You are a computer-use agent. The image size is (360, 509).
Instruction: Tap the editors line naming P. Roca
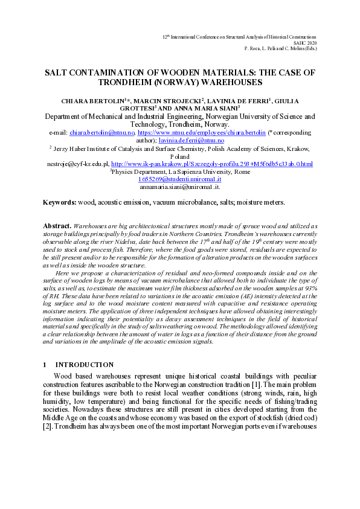point(280,48)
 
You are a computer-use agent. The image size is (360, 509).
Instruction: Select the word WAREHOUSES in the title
point(233,82)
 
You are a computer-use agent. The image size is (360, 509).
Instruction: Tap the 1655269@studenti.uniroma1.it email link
point(179,179)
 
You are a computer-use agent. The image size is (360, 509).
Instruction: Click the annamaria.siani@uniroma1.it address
point(179,187)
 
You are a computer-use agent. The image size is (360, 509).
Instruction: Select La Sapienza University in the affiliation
point(188,171)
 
